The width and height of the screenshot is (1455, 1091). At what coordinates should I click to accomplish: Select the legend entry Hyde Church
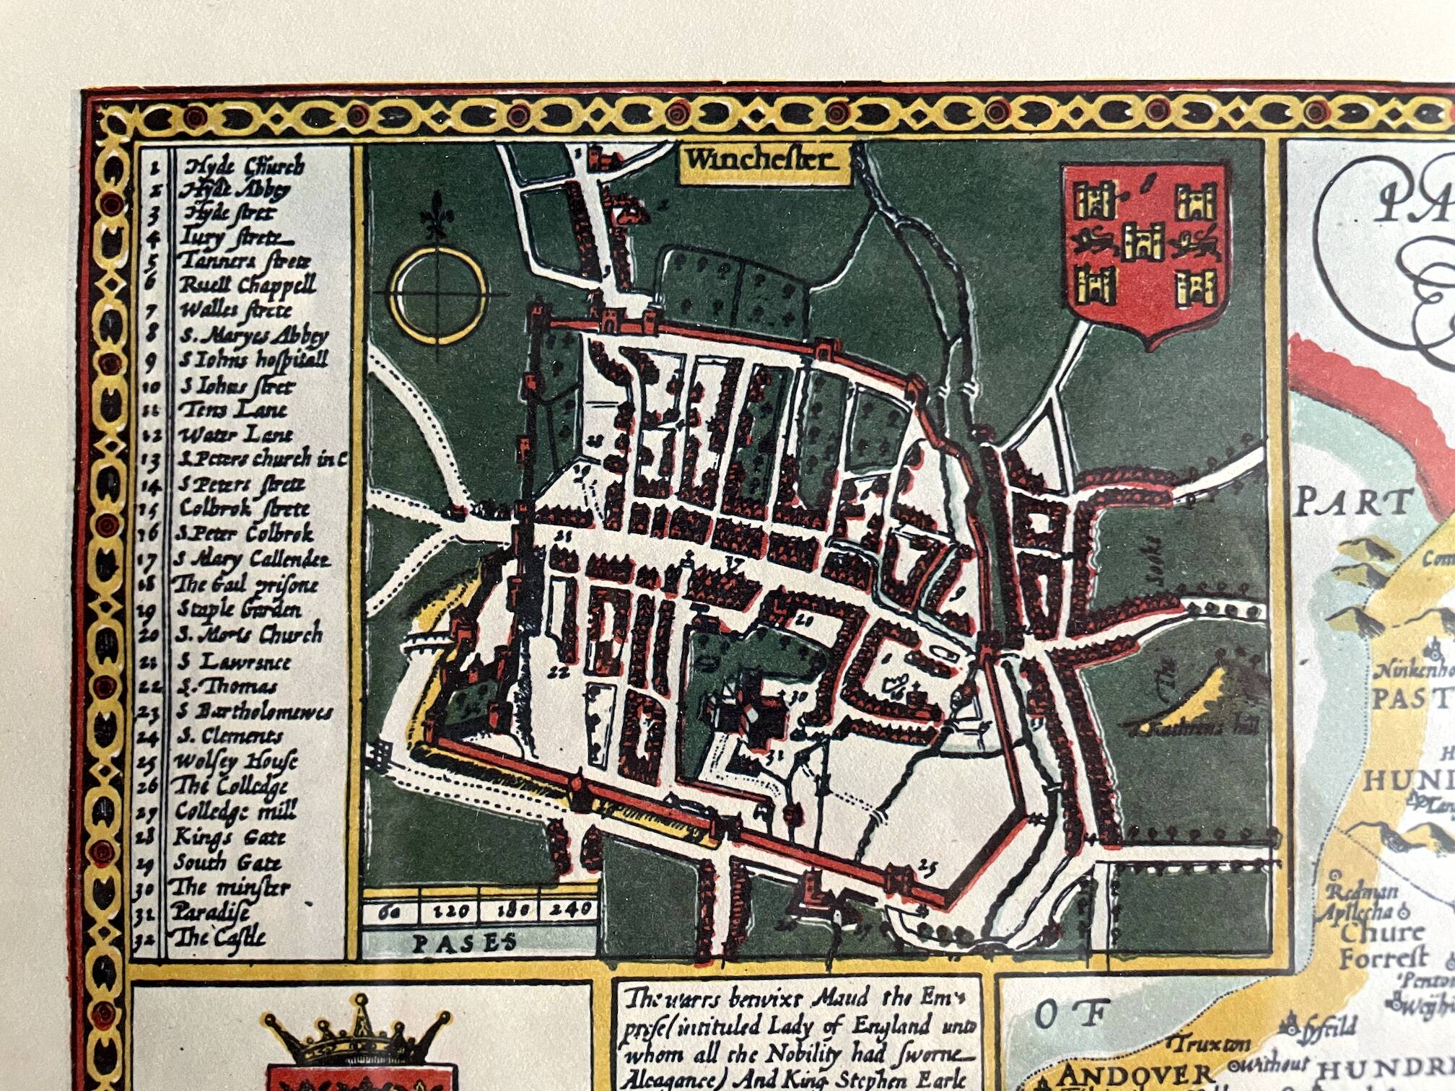coord(245,167)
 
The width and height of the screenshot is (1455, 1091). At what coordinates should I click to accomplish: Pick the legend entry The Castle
coord(220,937)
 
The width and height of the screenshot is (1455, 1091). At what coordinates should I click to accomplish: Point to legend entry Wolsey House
coord(235,762)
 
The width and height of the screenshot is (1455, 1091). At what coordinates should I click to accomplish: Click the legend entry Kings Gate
coord(230,838)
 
